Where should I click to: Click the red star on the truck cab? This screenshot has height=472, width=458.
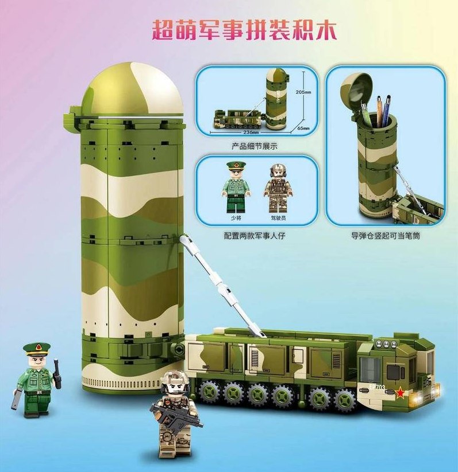point(400,392)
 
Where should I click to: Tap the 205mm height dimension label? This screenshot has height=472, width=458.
point(303,92)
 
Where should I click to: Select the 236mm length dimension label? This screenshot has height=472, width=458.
point(251,132)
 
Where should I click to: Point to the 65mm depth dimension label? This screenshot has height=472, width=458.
point(303,128)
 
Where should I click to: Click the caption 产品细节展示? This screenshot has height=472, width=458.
point(255,147)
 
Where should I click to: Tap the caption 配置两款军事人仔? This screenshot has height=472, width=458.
point(255,236)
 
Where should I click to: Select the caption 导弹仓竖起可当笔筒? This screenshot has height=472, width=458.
point(385,236)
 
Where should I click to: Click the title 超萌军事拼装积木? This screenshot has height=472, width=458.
point(244,30)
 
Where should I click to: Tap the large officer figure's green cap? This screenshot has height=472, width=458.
point(37,349)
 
